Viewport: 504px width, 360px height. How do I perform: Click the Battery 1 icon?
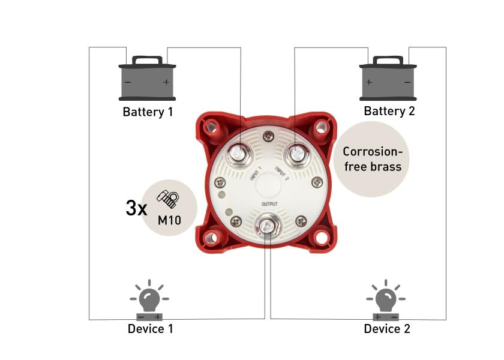(147, 79)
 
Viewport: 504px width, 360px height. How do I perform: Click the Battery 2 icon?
(388, 78)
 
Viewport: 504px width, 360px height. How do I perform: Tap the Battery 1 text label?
(148, 112)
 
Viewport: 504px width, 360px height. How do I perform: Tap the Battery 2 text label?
(389, 111)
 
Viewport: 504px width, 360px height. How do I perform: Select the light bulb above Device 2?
(386, 298)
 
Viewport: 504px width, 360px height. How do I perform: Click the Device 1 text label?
(150, 329)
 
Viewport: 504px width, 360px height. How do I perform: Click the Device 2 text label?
(387, 329)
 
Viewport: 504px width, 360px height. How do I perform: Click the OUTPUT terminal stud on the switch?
(265, 226)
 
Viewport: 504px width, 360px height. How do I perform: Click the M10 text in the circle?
(169, 220)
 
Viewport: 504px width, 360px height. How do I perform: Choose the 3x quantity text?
(136, 208)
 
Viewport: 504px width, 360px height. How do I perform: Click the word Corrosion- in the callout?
(371, 152)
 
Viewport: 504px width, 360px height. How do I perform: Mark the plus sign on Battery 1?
(166, 82)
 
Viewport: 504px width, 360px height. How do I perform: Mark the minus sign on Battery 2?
(407, 82)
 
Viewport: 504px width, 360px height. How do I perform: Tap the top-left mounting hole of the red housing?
(210, 127)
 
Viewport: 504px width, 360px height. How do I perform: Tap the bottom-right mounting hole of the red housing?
(322, 236)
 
